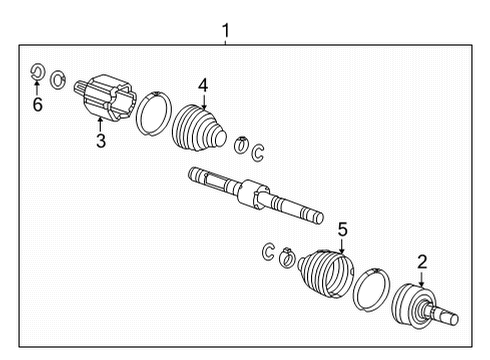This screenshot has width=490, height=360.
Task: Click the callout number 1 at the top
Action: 225,31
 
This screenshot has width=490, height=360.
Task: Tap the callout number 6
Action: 37,104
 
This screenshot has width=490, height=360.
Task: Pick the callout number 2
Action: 421,262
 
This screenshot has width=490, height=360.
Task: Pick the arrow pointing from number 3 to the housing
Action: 101,124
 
